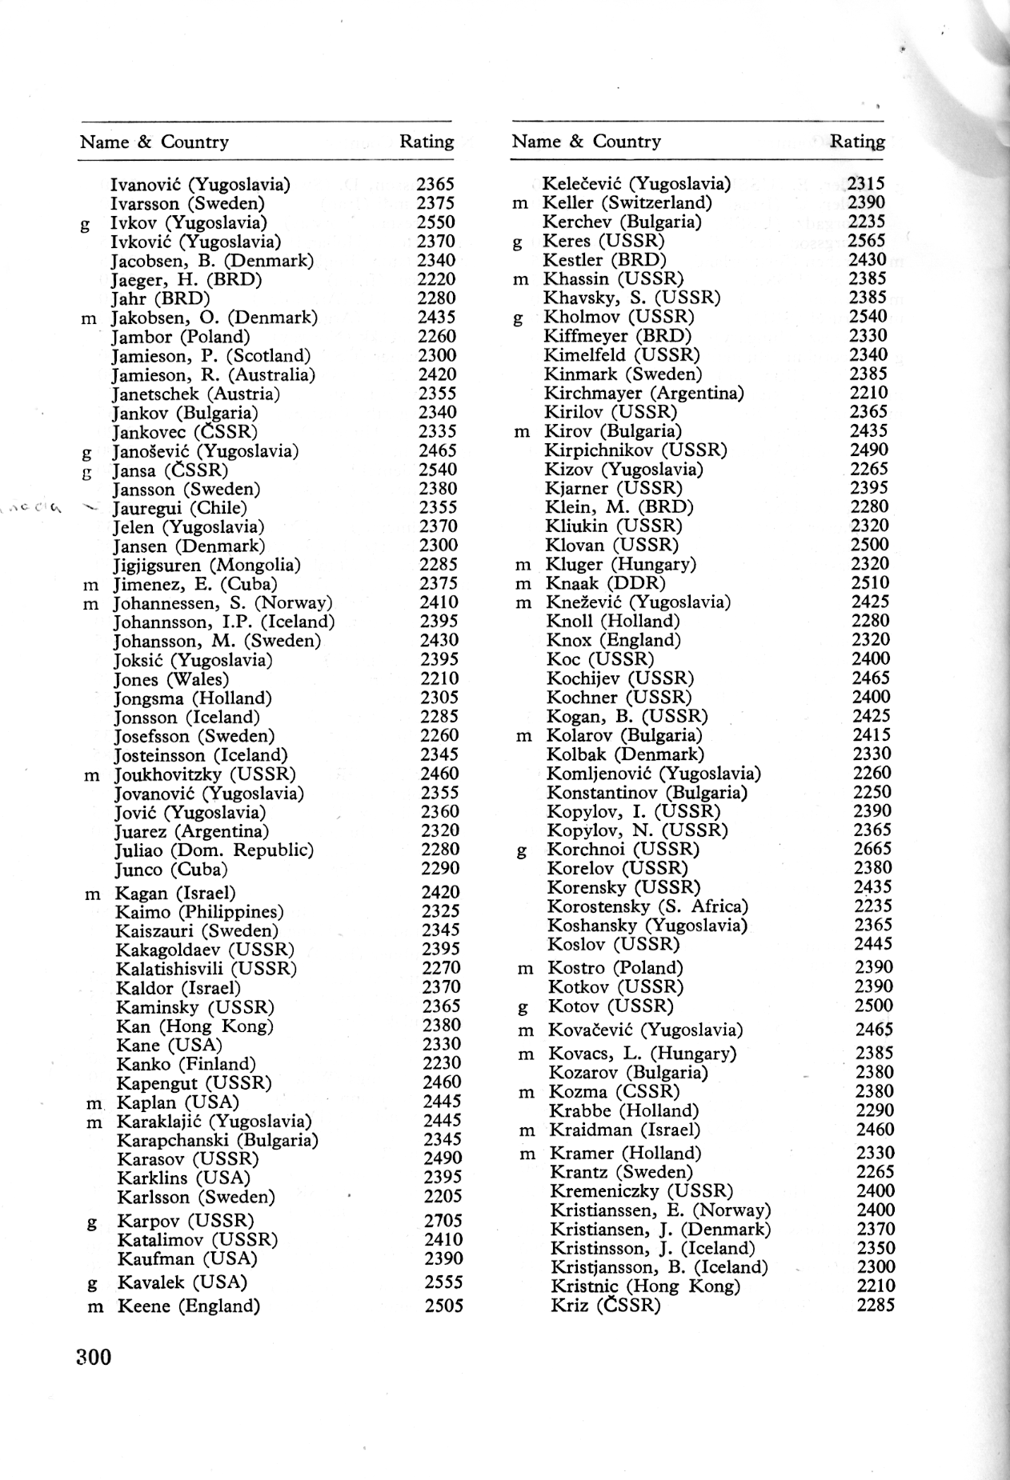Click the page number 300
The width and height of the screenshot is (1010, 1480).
tap(94, 1357)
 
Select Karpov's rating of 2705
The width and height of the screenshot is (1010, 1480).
tap(443, 1221)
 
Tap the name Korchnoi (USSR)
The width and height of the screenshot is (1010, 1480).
tap(623, 849)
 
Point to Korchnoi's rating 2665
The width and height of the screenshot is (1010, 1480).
tap(872, 849)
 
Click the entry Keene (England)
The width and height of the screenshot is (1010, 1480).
tap(189, 1306)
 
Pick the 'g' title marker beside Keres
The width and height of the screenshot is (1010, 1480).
tap(518, 242)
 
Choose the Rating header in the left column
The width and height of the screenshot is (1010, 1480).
tap(427, 142)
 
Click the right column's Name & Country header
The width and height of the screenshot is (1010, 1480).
tap(586, 142)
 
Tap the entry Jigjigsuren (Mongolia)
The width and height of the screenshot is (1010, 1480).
tap(206, 565)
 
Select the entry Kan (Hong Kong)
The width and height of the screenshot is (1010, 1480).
tap(194, 1026)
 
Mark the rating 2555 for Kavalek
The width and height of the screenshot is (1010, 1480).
tap(443, 1282)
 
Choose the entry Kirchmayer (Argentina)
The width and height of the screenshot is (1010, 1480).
tap(643, 393)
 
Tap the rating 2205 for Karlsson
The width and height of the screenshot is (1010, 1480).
tap(443, 1197)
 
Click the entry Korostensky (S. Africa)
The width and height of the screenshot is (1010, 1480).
tap(647, 906)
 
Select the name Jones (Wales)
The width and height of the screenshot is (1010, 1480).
tap(159, 679)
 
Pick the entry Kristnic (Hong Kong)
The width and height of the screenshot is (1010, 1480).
tap(645, 1286)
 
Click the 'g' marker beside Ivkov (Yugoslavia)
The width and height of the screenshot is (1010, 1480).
tap(85, 223)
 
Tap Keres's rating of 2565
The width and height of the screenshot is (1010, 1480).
tap(868, 241)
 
